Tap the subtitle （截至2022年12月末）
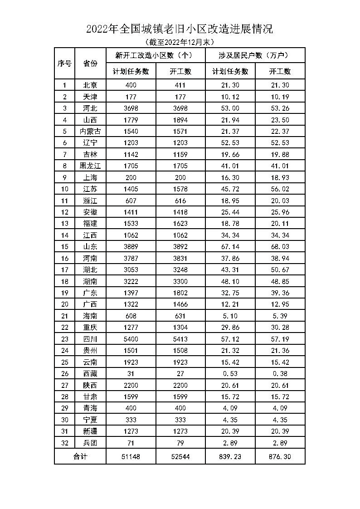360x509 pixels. tap(180, 42)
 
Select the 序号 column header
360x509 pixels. tap(64, 64)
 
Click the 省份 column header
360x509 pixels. tap(90, 64)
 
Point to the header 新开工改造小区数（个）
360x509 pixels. tap(156, 56)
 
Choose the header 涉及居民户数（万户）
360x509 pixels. tap(255, 56)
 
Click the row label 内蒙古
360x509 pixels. tap(90, 131)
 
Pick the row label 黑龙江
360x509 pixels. tap(90, 166)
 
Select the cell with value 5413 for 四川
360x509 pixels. tap(180, 339)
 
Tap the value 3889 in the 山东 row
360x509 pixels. tap(131, 246)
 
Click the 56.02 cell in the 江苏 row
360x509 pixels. tap(280, 189)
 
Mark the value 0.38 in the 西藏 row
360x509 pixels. tap(280, 373)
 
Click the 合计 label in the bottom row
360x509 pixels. tap(80, 456)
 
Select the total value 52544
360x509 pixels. tap(180, 456)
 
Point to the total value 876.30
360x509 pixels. tap(280, 456)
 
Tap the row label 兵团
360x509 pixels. tap(90, 443)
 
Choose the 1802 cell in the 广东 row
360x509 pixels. tap(180, 293)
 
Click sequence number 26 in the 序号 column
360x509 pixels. tap(64, 373)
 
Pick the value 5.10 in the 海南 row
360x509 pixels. tap(230, 316)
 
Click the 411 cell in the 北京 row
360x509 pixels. tap(180, 85)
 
